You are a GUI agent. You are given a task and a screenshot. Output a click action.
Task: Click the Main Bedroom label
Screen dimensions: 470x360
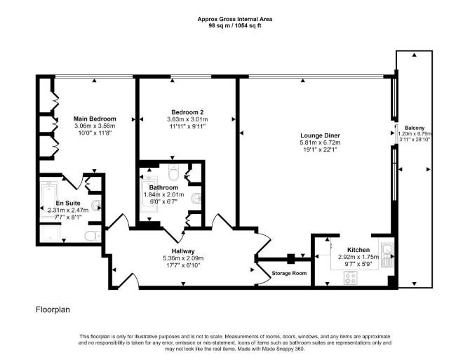95,119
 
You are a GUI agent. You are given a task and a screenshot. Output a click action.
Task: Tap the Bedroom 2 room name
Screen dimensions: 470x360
187,112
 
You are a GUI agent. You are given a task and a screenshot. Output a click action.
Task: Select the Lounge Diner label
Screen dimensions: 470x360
320,135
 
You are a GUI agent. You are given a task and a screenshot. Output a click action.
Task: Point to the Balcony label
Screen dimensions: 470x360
415,128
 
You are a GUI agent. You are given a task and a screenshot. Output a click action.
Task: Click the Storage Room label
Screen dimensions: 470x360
289,273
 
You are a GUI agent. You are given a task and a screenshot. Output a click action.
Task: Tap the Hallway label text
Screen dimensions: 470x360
183,251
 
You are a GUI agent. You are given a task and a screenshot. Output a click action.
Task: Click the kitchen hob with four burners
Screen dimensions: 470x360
351,277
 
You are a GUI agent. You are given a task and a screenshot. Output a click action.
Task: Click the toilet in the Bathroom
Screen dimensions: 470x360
173,173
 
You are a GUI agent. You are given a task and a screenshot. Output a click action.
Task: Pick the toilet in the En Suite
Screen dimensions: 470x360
93,236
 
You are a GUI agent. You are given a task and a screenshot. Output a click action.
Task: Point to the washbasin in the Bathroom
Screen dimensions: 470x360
196,197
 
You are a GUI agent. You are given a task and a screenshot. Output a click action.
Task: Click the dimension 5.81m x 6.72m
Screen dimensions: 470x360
320,142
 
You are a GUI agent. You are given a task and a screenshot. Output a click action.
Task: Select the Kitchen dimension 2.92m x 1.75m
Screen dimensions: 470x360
358,257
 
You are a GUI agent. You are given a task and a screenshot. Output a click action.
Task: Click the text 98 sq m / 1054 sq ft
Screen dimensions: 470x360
235,26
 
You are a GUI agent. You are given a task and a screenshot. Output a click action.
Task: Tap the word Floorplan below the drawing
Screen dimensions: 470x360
53,309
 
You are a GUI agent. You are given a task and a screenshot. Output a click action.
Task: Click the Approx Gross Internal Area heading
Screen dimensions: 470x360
235,19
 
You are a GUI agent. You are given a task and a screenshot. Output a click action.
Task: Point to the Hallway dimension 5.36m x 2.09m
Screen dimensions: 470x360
183,258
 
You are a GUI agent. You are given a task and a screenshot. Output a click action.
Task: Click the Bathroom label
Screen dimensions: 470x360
163,187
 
